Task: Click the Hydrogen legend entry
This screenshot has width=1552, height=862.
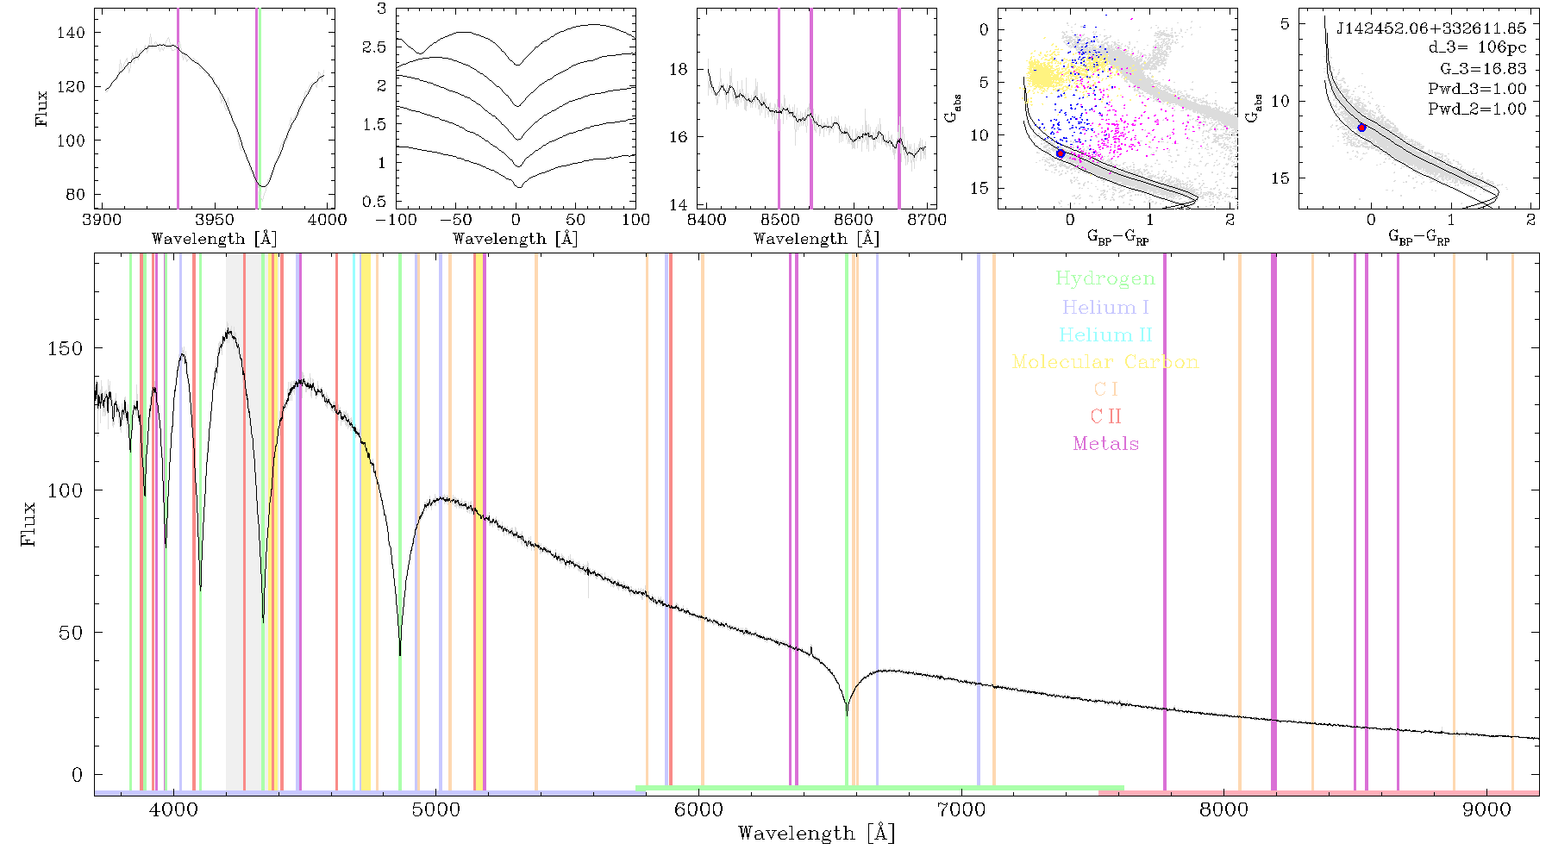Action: pyautogui.click(x=1105, y=279)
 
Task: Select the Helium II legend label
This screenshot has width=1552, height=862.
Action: pyautogui.click(x=1105, y=334)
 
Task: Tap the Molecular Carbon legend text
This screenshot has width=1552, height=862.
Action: pyautogui.click(x=1105, y=362)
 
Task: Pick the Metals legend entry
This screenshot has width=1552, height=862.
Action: pyautogui.click(x=1106, y=444)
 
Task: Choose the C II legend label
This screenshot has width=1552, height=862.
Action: pyautogui.click(x=1106, y=416)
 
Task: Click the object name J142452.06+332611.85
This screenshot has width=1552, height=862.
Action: pyautogui.click(x=1431, y=28)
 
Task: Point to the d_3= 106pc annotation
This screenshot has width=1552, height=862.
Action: pyautogui.click(x=1478, y=47)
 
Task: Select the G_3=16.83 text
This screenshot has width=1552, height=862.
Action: pyautogui.click(x=1483, y=68)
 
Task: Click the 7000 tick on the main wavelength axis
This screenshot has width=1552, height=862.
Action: pyautogui.click(x=961, y=809)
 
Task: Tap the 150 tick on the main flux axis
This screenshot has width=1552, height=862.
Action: pyautogui.click(x=66, y=348)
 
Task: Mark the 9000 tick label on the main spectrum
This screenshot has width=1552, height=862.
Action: pyautogui.click(x=1486, y=809)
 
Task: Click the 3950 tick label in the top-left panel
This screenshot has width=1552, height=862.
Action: pyautogui.click(x=214, y=220)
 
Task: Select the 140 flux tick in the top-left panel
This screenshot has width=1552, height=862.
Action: pyautogui.click(x=72, y=33)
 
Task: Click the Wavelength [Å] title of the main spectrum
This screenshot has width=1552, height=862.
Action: pyautogui.click(x=817, y=834)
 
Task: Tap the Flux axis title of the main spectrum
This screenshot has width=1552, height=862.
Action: pyautogui.click(x=29, y=522)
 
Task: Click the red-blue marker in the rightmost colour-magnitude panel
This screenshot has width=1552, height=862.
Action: pyautogui.click(x=1362, y=128)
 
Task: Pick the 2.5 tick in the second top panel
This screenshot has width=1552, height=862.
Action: pyautogui.click(x=375, y=47)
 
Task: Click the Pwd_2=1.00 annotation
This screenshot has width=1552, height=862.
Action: pyautogui.click(x=1477, y=109)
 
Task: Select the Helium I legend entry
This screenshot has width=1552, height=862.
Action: pyautogui.click(x=1105, y=307)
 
